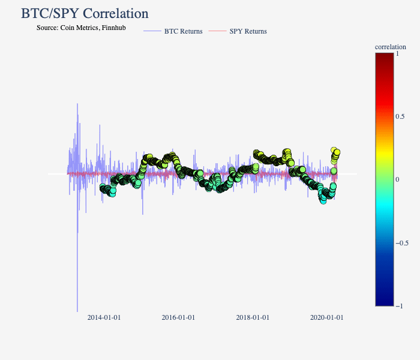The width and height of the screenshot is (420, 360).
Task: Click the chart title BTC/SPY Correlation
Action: [85, 13]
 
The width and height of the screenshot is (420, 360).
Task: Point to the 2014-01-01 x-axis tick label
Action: [104, 317]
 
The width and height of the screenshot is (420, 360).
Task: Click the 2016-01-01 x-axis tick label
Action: [178, 317]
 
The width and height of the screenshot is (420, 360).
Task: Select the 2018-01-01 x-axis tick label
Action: [253, 317]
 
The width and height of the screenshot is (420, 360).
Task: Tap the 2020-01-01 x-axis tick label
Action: [326, 317]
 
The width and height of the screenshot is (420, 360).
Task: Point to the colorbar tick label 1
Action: [398, 53]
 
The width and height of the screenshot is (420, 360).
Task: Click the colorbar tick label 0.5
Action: [400, 116]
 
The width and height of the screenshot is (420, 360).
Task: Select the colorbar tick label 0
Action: [398, 179]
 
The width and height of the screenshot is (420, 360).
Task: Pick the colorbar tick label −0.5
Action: [403, 243]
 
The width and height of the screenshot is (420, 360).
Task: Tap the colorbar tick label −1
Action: [400, 306]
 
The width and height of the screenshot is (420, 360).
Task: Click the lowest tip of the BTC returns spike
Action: [77, 311]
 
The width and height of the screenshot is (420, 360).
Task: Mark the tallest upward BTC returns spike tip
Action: [77, 104]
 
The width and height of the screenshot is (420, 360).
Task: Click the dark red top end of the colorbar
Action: [384, 56]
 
